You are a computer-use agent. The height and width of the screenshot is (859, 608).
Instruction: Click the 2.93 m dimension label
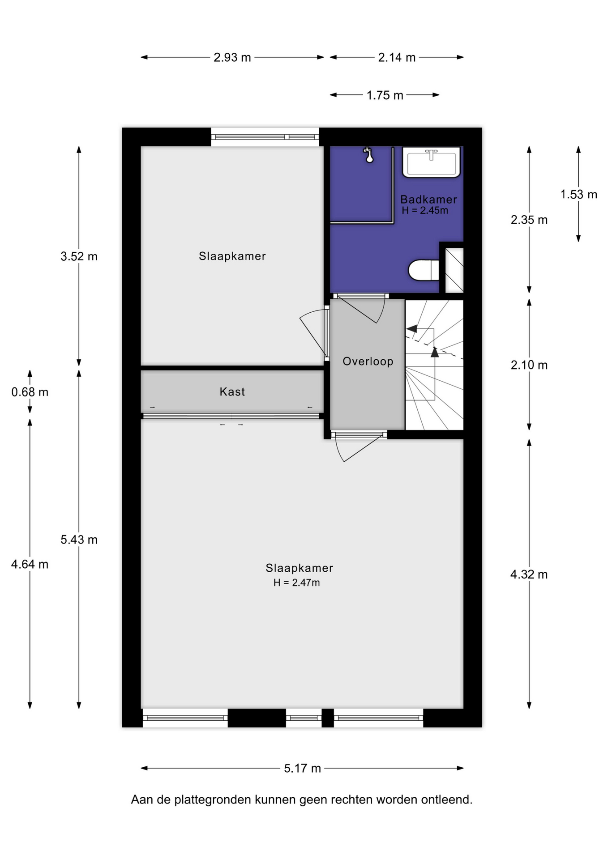click(232, 57)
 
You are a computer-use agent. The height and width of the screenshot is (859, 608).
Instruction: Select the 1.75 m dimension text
click(385, 95)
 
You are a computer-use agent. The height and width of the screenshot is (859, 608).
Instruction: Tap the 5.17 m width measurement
click(302, 768)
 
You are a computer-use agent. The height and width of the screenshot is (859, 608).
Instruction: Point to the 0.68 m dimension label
click(30, 392)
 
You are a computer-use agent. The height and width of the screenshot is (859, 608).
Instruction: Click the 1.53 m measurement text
click(579, 194)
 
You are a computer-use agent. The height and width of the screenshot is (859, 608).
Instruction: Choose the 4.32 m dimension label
click(529, 574)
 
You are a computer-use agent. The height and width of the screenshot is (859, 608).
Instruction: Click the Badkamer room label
click(428, 200)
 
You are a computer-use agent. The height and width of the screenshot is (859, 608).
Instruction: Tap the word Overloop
click(368, 361)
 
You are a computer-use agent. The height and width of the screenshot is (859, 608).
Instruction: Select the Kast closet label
click(232, 392)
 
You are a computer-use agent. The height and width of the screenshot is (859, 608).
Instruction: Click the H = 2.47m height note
click(296, 583)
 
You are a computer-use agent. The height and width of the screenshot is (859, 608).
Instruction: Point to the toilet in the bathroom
click(424, 270)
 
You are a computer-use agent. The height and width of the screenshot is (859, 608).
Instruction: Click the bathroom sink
click(432, 162)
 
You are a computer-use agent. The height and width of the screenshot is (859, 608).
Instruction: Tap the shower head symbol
click(368, 155)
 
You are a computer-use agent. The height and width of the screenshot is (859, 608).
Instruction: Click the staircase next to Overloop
click(434, 365)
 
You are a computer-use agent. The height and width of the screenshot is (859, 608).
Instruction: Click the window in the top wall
click(265, 137)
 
